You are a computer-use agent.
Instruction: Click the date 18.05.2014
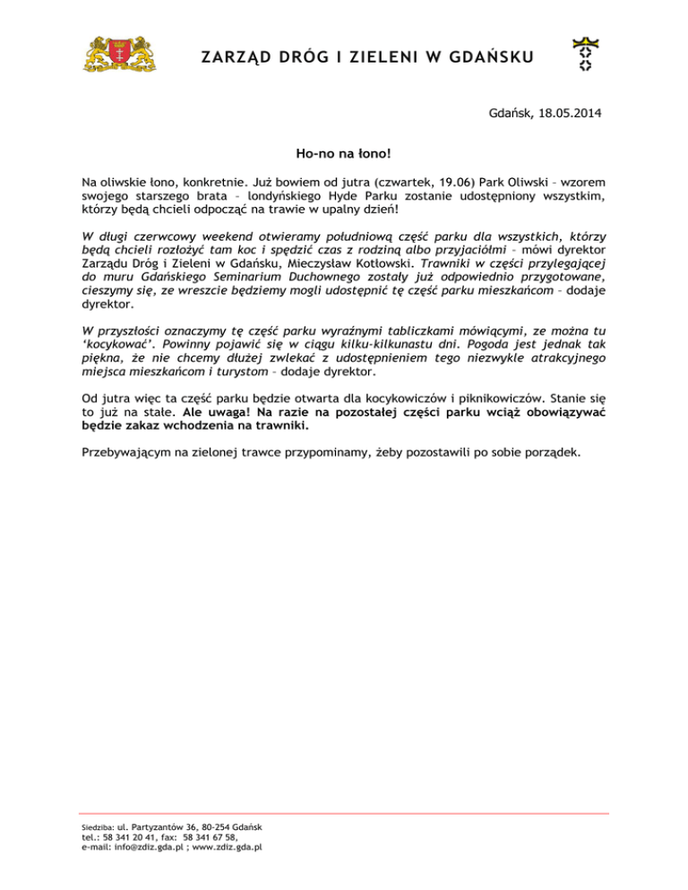coord(570,114)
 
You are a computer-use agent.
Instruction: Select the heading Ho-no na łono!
coord(343,154)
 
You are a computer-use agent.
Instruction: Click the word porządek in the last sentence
coord(548,451)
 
